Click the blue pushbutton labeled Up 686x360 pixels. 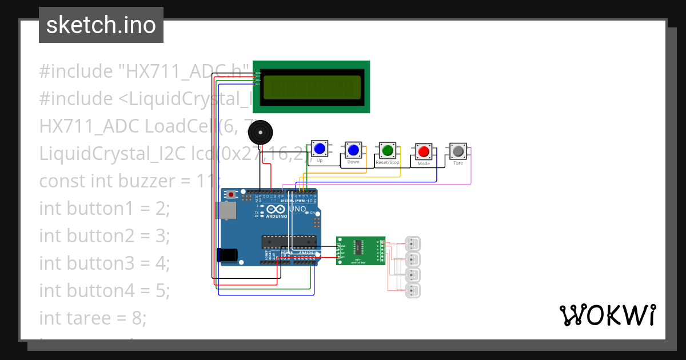[x=319, y=150]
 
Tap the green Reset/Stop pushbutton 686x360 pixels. [x=388, y=151]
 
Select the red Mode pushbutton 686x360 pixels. [x=424, y=151]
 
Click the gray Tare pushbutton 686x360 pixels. [x=458, y=151]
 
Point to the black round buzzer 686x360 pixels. [x=260, y=134]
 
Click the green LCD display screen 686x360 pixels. [x=311, y=87]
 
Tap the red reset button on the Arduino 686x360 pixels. [x=231, y=195]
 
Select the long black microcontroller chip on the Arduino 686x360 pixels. [x=289, y=242]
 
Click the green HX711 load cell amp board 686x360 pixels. [x=360, y=250]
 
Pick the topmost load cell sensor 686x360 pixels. [x=412, y=244]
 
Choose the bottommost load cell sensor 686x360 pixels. [x=412, y=290]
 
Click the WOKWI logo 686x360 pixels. [x=607, y=315]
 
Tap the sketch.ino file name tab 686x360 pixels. [x=101, y=25]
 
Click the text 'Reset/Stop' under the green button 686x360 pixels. [x=388, y=163]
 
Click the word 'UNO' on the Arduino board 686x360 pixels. [x=297, y=209]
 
